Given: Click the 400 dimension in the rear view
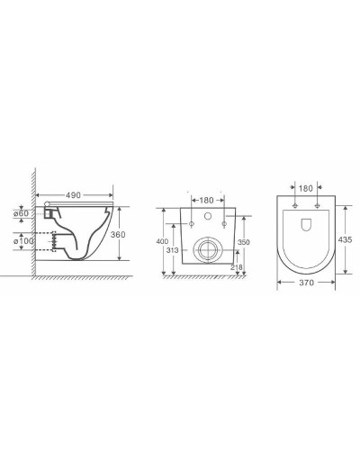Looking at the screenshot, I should tap(162, 242).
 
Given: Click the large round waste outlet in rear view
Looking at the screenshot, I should tap(206, 250).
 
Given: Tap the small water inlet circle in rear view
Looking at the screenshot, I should tap(206, 217).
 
